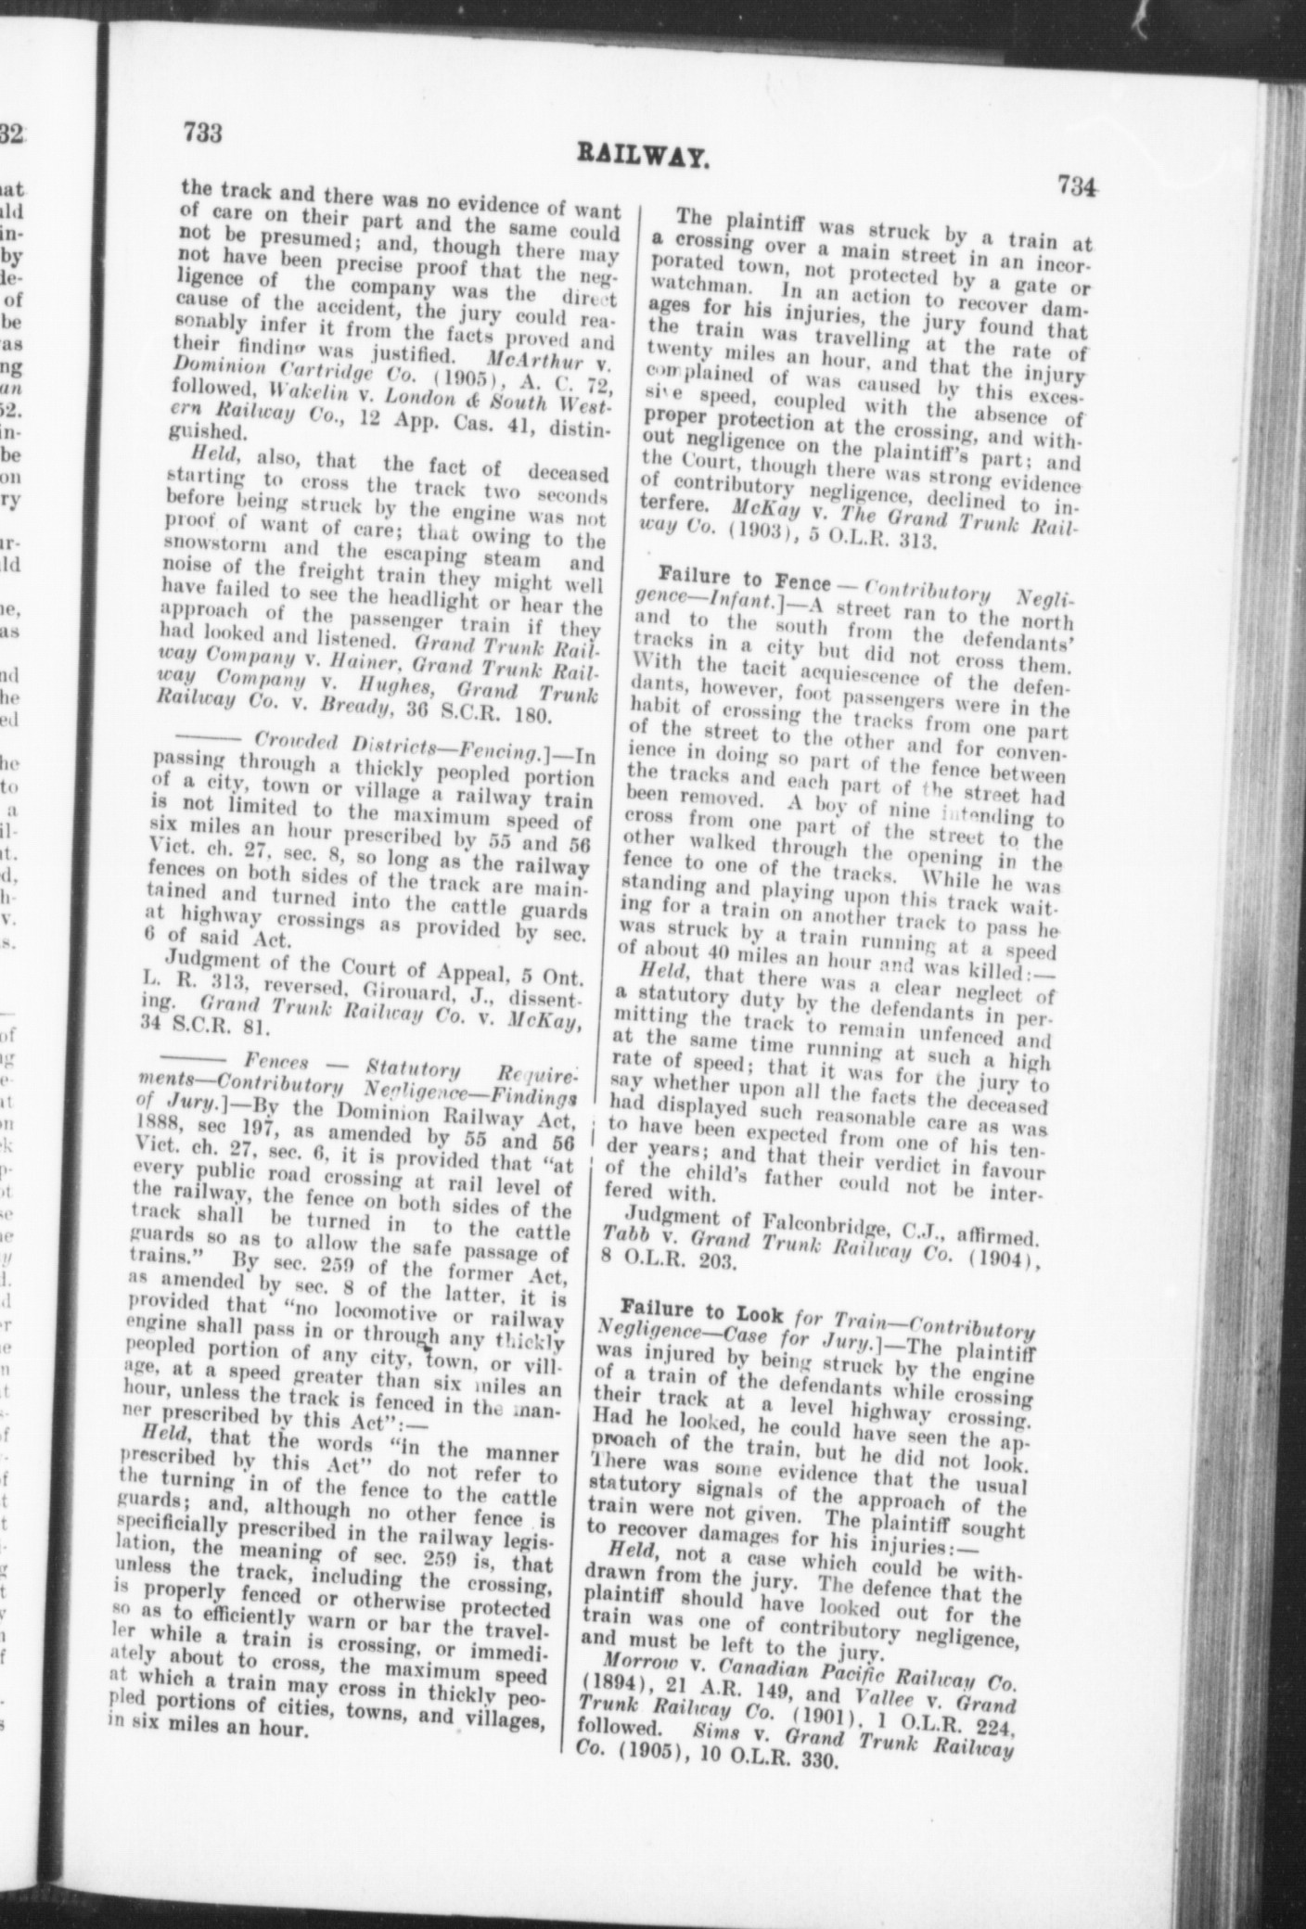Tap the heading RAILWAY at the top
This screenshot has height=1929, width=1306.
pyautogui.click(x=643, y=152)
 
